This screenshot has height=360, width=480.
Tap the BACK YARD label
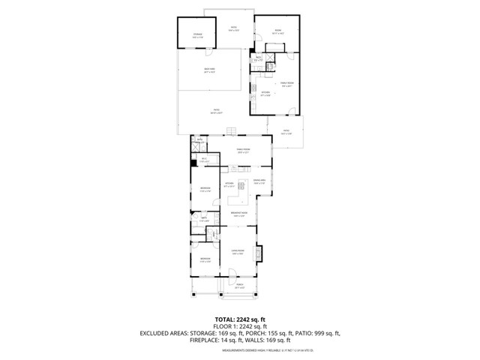[x=209, y=70]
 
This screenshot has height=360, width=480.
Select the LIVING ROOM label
[x=238, y=251]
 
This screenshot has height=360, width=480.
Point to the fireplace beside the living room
[x=260, y=254]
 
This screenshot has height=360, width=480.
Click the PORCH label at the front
[x=239, y=286]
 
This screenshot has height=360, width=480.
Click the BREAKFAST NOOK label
[x=238, y=214]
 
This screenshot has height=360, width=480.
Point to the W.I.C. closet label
[x=200, y=140]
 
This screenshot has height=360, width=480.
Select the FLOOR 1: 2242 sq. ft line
[x=240, y=326]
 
